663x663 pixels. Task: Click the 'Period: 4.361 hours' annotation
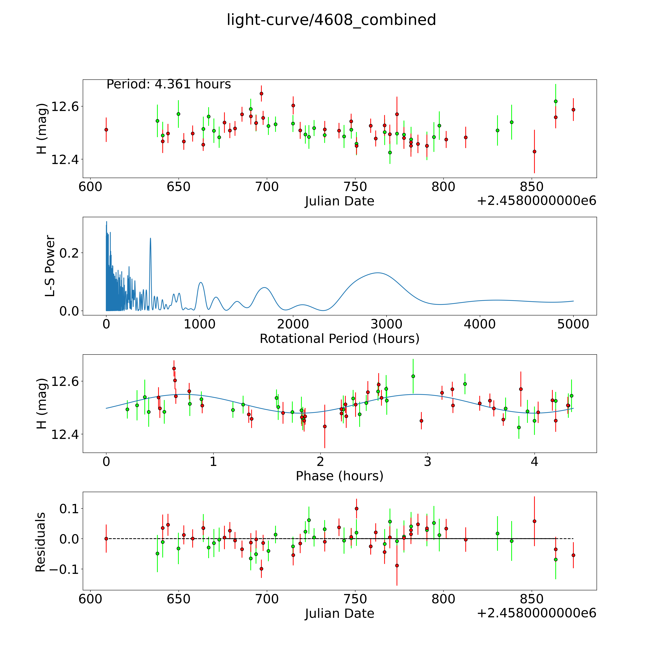[x=168, y=84]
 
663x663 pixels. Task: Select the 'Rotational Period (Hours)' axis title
[x=339, y=339]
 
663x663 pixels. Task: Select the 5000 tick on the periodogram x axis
[x=573, y=324]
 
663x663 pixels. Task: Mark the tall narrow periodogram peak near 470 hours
[x=150, y=238]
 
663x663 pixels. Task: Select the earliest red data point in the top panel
[x=106, y=130]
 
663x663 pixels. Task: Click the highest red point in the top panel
[x=262, y=93]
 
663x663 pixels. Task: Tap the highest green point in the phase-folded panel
[x=413, y=376]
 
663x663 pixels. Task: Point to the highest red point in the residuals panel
[x=357, y=509]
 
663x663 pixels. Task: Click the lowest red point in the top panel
[x=534, y=151]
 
